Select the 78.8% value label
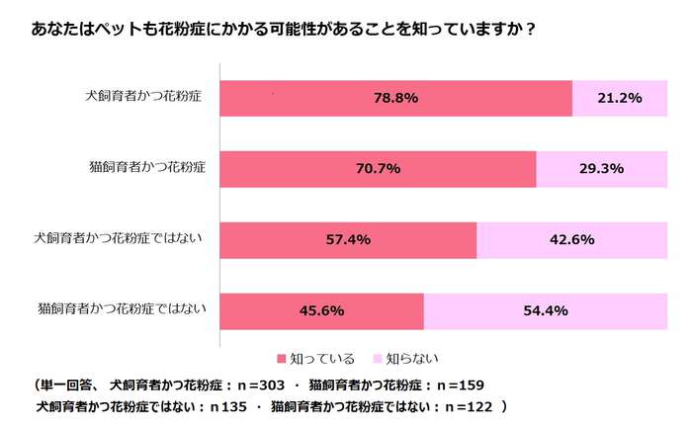(395, 98)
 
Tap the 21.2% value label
(621, 98)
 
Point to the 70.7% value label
(378, 169)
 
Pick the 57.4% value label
(347, 240)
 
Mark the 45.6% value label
(320, 311)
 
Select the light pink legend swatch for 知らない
(376, 359)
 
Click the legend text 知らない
(412, 359)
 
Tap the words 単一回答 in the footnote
(69, 385)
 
